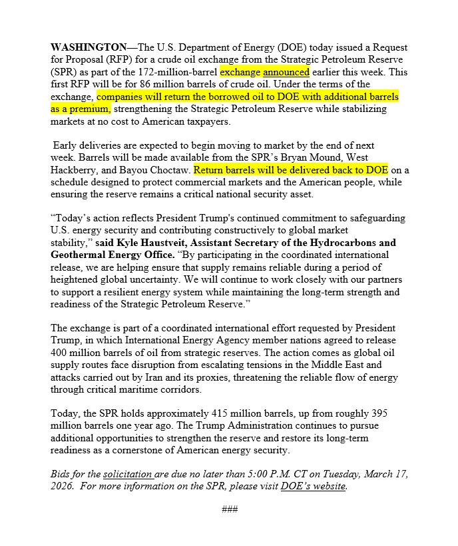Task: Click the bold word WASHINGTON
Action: [x=89, y=47]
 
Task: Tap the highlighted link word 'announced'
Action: [x=286, y=72]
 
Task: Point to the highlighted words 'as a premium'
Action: [x=81, y=109]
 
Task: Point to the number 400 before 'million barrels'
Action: [x=60, y=353]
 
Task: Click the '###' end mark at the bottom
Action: [x=230, y=510]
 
